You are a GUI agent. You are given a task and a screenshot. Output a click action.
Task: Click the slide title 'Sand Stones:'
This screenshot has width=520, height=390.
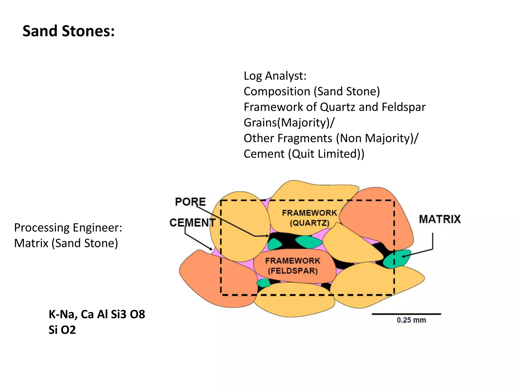coord(69,31)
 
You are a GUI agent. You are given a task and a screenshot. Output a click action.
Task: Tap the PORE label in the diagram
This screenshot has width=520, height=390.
coord(190,202)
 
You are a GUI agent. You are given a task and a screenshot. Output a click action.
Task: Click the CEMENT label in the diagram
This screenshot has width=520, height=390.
coord(192,223)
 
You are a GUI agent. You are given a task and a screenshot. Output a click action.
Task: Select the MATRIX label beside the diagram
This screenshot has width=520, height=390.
coord(440,219)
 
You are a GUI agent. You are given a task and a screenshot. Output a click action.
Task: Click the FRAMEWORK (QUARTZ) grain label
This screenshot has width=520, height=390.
coord(309,218)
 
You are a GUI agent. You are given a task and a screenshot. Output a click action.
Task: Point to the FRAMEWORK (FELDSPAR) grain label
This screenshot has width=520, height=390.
coord(293,266)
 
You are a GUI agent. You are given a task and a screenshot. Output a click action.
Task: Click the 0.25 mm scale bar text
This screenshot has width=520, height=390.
coord(411,320)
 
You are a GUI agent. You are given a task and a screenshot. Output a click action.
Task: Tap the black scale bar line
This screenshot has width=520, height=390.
coord(406,314)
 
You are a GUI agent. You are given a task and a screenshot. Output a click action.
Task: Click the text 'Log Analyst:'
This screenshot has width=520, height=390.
coord(275,76)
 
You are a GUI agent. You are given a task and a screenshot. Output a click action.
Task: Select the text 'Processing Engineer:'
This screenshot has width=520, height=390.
coord(68,227)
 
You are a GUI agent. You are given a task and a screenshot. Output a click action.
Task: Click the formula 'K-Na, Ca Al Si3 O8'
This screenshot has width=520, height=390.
coord(97,314)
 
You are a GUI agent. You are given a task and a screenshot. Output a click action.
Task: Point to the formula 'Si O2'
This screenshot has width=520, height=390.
coord(62,330)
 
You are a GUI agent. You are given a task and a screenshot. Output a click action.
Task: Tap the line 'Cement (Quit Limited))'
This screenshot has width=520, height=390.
coord(304,154)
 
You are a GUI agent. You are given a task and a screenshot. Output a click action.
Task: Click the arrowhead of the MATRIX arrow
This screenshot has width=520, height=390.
coord(403,256)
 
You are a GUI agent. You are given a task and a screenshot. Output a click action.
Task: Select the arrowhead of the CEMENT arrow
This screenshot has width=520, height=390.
coord(211,249)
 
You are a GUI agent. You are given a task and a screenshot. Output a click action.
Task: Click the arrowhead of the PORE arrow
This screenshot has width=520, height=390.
coord(267,236)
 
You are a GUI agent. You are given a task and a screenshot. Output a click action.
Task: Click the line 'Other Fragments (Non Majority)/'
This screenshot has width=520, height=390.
coord(331,138)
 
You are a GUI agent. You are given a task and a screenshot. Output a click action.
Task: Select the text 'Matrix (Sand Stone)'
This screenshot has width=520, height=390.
coord(66,243)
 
